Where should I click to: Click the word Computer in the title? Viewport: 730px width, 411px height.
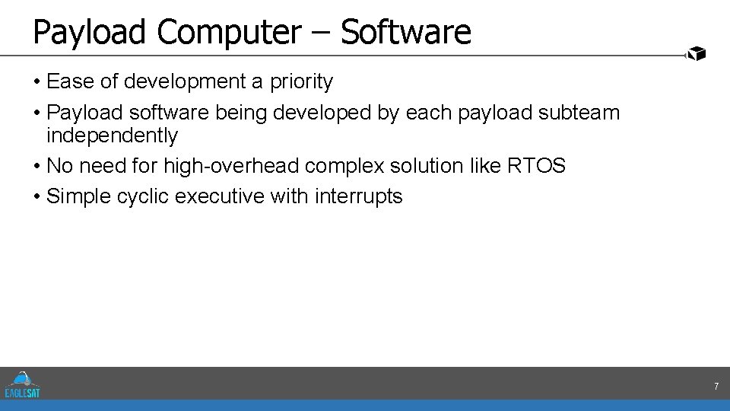pos(230,33)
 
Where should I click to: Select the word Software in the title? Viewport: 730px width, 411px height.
pos(406,33)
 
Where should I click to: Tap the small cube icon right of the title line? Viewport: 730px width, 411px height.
pos(696,53)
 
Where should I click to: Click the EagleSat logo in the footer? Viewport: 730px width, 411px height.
pos(23,384)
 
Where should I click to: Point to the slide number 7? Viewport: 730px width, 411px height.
pos(716,387)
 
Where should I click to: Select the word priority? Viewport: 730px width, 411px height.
pos(301,81)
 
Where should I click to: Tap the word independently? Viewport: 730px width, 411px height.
pos(112,136)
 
